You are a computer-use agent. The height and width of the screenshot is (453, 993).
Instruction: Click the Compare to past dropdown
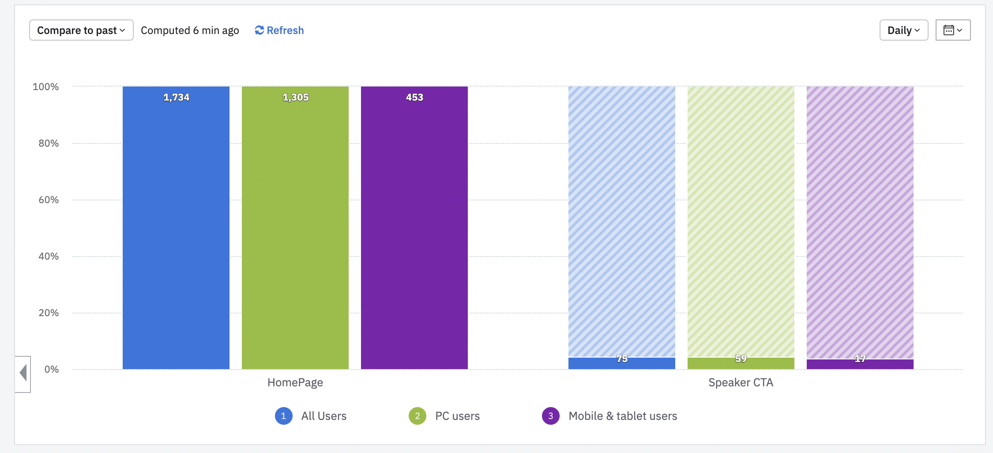click(x=81, y=30)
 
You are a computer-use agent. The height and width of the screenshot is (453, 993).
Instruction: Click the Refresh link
click(x=279, y=30)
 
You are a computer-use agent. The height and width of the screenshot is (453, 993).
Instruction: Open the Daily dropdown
click(x=903, y=30)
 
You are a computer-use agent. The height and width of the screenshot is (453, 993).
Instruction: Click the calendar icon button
click(x=953, y=30)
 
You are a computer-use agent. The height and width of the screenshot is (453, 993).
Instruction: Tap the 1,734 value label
click(x=176, y=97)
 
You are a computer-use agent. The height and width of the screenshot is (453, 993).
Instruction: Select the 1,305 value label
click(x=295, y=97)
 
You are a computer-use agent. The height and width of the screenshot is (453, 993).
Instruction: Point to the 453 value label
click(x=414, y=97)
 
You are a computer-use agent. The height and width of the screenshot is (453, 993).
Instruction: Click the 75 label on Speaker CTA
click(x=622, y=359)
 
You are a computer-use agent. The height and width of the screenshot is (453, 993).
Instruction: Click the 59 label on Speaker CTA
click(x=741, y=359)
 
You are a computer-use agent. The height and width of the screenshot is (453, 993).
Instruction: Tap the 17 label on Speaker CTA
click(x=860, y=359)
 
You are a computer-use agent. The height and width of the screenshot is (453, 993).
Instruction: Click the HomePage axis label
click(x=295, y=382)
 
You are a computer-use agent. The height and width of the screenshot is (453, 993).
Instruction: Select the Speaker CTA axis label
click(x=741, y=382)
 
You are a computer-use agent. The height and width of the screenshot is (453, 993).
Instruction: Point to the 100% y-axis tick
click(x=46, y=87)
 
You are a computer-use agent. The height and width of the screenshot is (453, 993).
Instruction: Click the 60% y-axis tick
click(x=49, y=200)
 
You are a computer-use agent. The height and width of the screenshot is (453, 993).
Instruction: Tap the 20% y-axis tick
click(x=49, y=313)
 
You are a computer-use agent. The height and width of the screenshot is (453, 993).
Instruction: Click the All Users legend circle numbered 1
click(x=284, y=416)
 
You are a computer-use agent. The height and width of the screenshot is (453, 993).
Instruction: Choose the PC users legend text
click(x=457, y=416)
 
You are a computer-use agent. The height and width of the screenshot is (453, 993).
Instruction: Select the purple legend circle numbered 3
click(x=551, y=416)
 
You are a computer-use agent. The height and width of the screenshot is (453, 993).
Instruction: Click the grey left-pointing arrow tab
click(x=23, y=373)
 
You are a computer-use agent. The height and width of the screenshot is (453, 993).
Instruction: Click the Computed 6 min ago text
click(x=190, y=30)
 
